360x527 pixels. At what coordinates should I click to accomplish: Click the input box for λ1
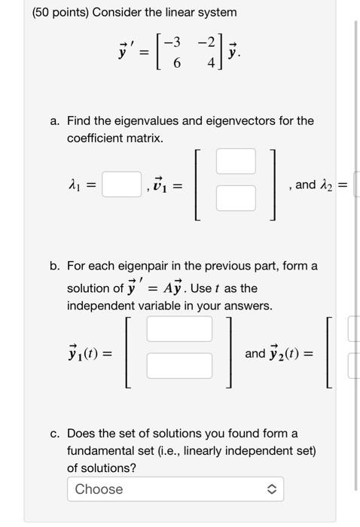tap(122, 184)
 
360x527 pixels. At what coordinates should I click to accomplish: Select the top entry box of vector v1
tap(236, 161)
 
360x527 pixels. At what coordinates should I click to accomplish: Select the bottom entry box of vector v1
tap(236, 198)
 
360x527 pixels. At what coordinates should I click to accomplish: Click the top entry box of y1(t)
tap(179, 329)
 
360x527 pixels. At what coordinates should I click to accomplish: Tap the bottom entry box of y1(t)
tap(179, 366)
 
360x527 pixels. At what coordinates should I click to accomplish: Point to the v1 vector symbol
tap(158, 184)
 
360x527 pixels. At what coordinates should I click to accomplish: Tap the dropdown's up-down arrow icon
tap(272, 489)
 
